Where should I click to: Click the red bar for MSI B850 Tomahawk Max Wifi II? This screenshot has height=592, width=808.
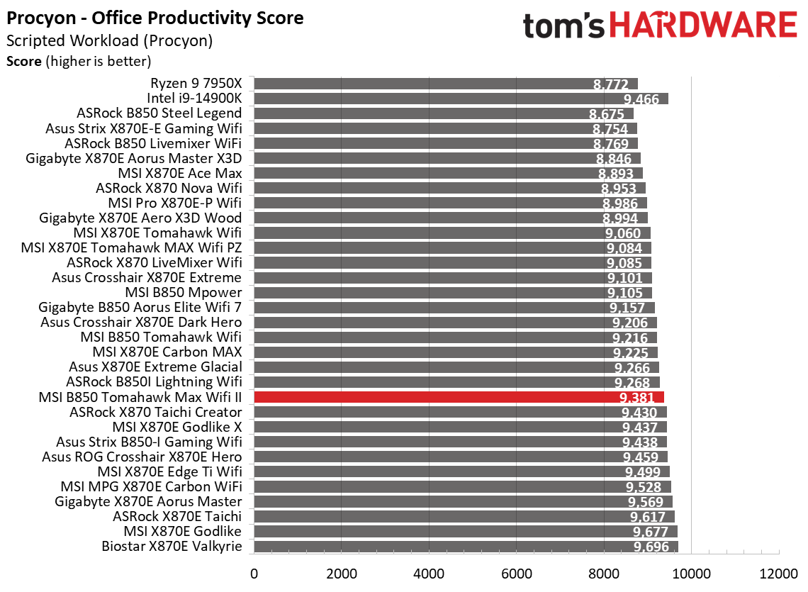(459, 397)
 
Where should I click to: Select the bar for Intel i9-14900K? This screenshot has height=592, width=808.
(461, 99)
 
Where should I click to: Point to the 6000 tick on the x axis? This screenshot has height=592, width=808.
(516, 571)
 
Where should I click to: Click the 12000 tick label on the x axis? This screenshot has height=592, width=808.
(779, 571)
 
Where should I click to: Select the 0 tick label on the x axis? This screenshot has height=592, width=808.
(253, 571)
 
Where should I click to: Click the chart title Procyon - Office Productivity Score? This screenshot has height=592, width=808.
(155, 18)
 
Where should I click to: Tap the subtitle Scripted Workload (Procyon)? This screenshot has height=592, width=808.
(109, 41)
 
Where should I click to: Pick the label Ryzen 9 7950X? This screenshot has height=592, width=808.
(196, 83)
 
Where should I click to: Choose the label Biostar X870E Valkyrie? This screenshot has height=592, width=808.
(172, 546)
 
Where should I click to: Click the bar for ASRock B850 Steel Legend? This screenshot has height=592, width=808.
(443, 113)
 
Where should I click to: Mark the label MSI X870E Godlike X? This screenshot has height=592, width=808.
(177, 427)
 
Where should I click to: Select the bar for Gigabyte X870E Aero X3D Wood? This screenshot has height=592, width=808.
(450, 218)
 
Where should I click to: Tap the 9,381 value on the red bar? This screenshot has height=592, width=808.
(640, 398)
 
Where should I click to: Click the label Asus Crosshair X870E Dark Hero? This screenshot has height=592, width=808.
(141, 322)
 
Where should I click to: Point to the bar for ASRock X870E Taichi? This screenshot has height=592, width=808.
(464, 516)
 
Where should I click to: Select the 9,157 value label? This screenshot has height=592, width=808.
(627, 308)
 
